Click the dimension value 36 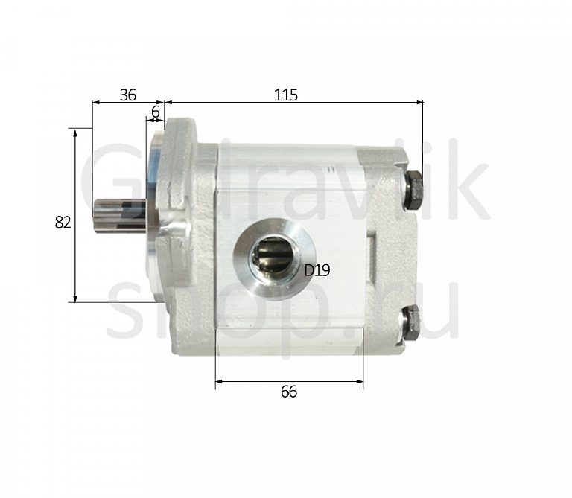pyautogui.click(x=128, y=95)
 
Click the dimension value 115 pyautogui.click(x=286, y=95)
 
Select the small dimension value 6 pyautogui.click(x=156, y=112)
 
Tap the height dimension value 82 pyautogui.click(x=63, y=222)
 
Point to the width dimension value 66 pyautogui.click(x=289, y=392)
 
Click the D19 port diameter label pyautogui.click(x=317, y=270)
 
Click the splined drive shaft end pyautogui.click(x=119, y=214)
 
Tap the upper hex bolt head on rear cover pyautogui.click(x=414, y=190)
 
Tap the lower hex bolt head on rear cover pyautogui.click(x=411, y=323)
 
